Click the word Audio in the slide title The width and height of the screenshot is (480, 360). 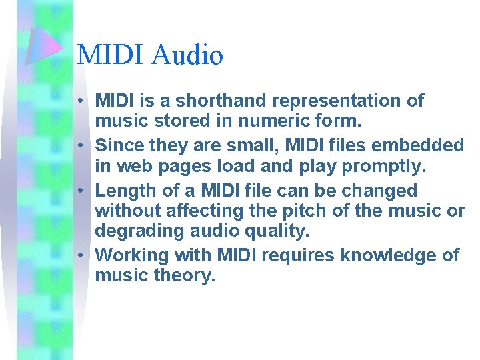(187, 55)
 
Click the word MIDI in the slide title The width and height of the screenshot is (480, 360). (111, 55)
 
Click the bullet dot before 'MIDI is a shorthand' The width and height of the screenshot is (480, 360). (79, 101)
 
